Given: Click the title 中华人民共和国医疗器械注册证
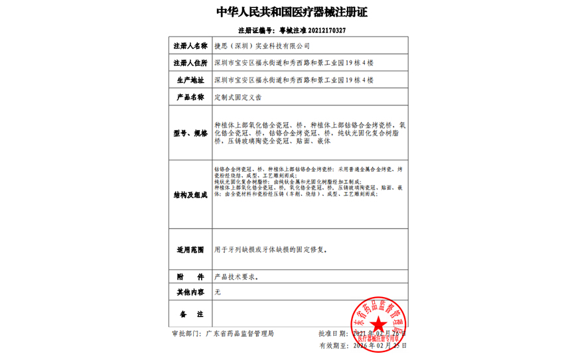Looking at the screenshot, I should (x=292, y=13).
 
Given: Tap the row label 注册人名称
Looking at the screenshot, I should (x=190, y=46).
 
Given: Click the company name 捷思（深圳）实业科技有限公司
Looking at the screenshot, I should (x=262, y=46).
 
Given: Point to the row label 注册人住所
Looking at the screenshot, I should (x=190, y=63).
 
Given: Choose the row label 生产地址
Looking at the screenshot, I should (x=190, y=80).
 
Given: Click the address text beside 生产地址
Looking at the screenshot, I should (x=294, y=80).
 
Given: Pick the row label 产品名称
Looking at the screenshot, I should (x=190, y=97).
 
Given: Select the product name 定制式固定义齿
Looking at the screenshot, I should (x=238, y=97).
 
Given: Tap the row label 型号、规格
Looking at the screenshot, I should (x=190, y=133).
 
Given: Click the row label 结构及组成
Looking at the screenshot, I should (x=190, y=195).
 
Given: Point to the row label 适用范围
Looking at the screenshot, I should (x=190, y=251).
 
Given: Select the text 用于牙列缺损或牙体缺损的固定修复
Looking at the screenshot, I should (x=271, y=251).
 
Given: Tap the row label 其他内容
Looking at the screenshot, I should (x=190, y=292).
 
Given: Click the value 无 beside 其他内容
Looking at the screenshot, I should (x=218, y=292).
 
